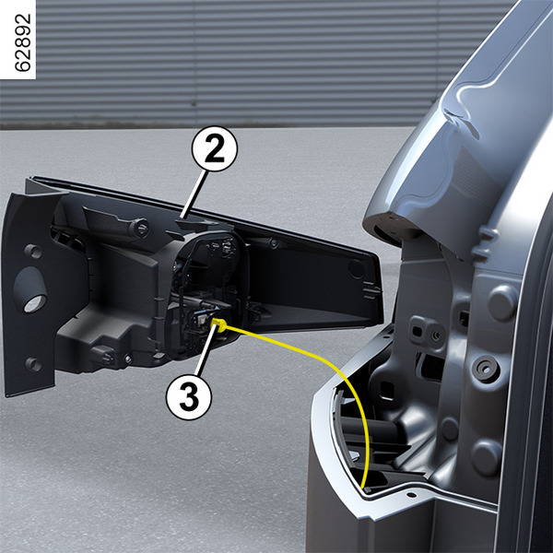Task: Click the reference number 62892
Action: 23,42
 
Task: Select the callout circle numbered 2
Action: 215,148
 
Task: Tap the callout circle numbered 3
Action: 189,397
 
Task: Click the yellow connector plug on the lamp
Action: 218,324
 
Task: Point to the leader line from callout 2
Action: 194,194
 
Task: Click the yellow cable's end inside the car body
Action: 365,488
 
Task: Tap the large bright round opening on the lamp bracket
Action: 34,302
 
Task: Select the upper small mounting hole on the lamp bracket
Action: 32,251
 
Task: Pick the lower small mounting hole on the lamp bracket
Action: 33,364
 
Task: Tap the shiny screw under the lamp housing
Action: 128,359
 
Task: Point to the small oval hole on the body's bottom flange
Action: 411,495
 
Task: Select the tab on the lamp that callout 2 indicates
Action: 192,223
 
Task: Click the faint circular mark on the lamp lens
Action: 357,269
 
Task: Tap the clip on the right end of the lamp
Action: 371,293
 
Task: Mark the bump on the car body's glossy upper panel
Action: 461,116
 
